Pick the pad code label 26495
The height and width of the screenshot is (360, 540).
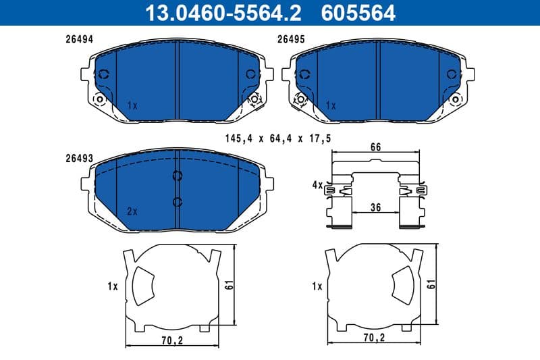[x=292, y=40]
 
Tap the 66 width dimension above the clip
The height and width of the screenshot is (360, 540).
[x=376, y=147]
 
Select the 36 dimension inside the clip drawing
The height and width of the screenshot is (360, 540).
[x=376, y=209]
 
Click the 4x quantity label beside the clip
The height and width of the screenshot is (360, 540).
[x=317, y=184]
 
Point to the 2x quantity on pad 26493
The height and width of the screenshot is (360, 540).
[x=132, y=211]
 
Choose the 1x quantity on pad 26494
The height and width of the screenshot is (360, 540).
[x=132, y=106]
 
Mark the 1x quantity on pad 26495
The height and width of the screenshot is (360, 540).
[x=331, y=106]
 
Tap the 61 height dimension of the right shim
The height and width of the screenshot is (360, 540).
[x=432, y=286]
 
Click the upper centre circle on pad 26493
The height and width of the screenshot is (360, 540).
[x=178, y=176]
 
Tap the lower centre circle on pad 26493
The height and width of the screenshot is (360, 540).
[x=178, y=201]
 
